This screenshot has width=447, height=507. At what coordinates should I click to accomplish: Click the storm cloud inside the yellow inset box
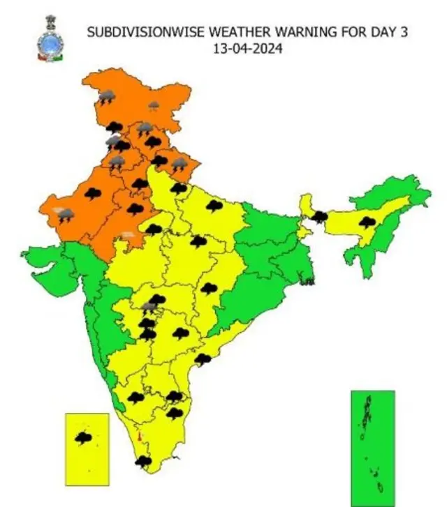[85, 439]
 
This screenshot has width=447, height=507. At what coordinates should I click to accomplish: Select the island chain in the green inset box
[370, 446]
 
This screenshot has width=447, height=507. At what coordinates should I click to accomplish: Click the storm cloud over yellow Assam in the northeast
[366, 222]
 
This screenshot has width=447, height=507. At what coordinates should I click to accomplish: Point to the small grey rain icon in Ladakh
[154, 106]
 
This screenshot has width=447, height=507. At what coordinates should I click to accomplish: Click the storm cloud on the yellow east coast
[203, 359]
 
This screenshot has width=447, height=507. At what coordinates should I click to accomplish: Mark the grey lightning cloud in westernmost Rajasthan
[65, 215]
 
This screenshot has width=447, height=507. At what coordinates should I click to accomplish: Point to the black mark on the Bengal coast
[305, 282]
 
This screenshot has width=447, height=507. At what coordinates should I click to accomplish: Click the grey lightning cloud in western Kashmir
[106, 97]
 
